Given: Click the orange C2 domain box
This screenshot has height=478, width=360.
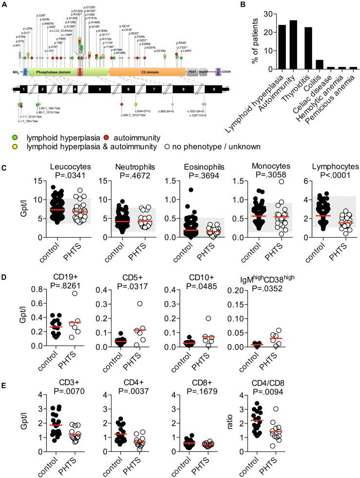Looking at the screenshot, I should pyautogui.click(x=146, y=71).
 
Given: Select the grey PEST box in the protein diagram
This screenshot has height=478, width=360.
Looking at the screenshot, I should pyautogui.click(x=192, y=71).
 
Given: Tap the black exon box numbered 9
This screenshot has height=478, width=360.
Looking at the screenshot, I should pyautogui.click(x=213, y=89).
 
